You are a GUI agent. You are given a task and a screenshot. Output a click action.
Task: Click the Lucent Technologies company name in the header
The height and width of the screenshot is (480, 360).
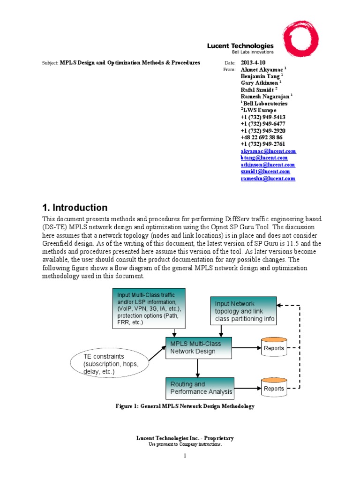click(x=240, y=46)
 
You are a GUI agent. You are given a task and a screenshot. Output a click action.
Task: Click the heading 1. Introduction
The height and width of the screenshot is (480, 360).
click(x=75, y=208)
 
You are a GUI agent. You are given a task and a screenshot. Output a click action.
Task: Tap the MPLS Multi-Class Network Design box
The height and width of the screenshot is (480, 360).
click(x=199, y=347)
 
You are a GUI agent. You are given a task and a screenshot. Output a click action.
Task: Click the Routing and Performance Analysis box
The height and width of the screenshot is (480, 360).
click(x=199, y=388)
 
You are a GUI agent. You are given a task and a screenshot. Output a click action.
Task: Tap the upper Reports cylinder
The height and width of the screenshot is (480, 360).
click(x=273, y=348)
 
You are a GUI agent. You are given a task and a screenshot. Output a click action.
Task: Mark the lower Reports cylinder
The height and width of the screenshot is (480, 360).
click(x=273, y=388)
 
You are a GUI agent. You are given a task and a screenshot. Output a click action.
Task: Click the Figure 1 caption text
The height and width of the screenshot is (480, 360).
click(x=185, y=406)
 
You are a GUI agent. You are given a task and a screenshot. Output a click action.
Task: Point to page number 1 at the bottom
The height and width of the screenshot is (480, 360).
click(x=185, y=456)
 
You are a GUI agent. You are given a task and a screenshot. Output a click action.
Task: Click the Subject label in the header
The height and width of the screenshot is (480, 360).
click(x=49, y=63)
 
